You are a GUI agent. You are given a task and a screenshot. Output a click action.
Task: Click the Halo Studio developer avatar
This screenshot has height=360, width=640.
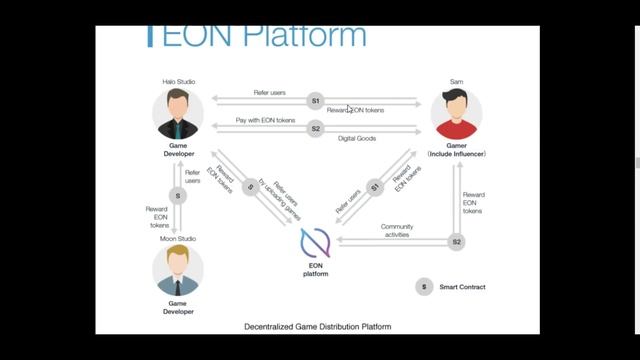177,113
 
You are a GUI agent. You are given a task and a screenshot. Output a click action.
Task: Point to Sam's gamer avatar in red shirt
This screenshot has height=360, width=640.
456,113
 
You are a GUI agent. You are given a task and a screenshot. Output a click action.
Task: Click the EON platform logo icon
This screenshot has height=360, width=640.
315,244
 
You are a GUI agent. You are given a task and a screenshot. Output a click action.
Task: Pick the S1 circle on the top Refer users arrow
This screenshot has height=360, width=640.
315,101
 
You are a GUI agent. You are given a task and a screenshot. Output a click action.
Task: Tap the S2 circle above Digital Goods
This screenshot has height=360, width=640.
315,128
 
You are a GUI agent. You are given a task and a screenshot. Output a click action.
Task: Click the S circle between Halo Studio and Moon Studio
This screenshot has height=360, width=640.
178,195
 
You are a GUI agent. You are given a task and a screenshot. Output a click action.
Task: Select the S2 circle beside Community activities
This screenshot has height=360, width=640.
456,241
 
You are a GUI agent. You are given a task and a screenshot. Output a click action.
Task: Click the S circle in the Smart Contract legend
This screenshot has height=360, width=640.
423,287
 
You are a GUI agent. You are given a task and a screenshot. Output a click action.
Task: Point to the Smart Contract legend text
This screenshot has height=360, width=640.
463,287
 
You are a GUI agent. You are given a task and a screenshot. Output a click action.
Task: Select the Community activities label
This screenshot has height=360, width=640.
397,231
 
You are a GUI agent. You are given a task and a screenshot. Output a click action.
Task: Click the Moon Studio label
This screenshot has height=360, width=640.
177,238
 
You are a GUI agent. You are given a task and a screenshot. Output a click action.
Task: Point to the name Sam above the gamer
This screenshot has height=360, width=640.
456,81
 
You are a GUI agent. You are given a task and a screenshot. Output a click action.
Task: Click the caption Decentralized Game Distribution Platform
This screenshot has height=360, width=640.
318,327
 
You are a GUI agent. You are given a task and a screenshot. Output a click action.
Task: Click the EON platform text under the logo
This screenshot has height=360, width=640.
315,268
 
